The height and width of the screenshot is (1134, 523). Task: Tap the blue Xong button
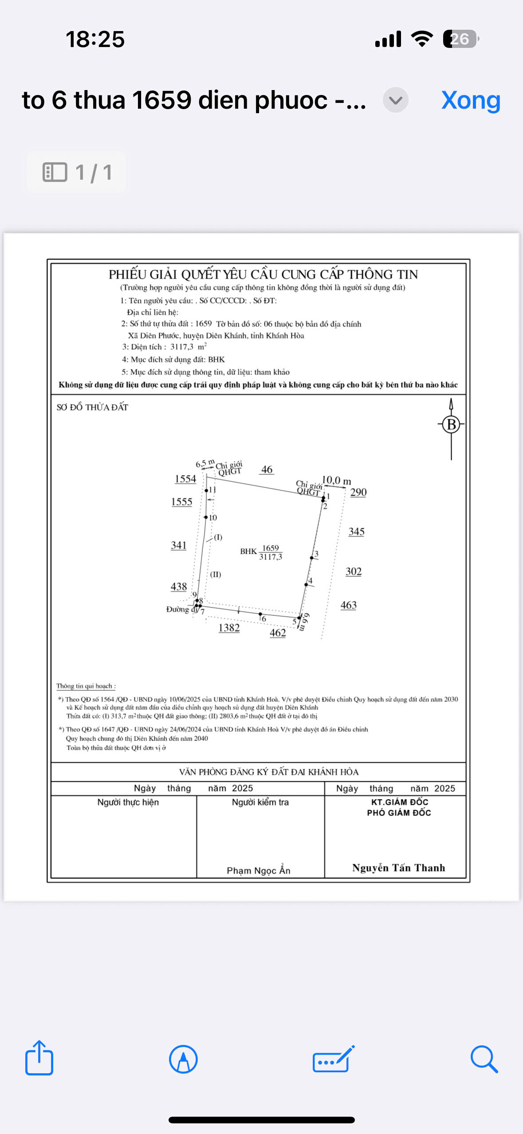click(x=471, y=100)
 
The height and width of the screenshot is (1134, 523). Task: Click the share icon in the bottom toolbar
click(x=39, y=1058)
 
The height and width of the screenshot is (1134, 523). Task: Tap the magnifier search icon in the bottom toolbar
click(x=484, y=1059)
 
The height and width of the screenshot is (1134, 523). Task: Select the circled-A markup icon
click(x=183, y=1059)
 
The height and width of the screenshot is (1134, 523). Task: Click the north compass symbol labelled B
click(x=451, y=425)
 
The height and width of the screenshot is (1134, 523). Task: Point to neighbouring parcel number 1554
click(x=185, y=479)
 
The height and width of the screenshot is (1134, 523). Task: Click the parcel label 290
click(x=358, y=492)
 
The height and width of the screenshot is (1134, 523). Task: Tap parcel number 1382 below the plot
click(x=229, y=628)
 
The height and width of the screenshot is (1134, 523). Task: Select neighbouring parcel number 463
click(x=349, y=605)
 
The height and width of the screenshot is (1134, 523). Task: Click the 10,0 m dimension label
click(x=336, y=480)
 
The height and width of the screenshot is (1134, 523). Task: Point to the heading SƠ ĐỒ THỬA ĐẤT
click(x=92, y=407)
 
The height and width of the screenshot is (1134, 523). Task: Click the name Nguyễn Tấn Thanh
click(x=398, y=868)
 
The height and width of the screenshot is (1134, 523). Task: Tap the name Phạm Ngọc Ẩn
click(x=259, y=870)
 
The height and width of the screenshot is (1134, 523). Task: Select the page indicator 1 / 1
click(x=77, y=172)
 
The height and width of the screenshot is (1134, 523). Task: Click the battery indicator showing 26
click(x=460, y=39)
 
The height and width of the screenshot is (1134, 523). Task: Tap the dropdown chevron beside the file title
click(x=395, y=100)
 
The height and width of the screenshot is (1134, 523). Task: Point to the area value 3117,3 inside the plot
click(x=271, y=557)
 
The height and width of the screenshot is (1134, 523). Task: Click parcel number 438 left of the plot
click(x=179, y=587)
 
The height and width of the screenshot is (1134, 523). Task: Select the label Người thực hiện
click(x=128, y=802)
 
